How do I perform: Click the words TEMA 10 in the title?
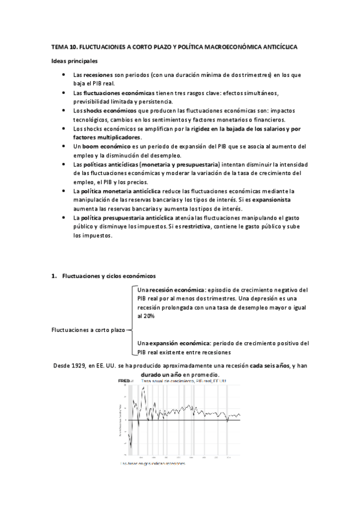point(63,46)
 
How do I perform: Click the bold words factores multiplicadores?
point(107,137)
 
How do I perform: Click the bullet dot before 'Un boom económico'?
point(64,146)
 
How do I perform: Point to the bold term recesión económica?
point(178,290)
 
